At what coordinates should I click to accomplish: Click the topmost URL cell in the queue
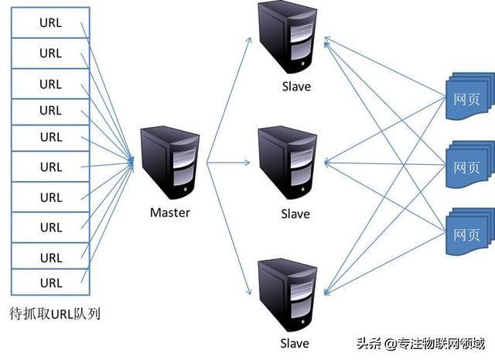tap(51, 23)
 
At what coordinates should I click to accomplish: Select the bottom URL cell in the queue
tap(51, 282)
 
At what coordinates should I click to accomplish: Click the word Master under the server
tap(169, 212)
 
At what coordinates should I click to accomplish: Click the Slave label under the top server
tap(295, 87)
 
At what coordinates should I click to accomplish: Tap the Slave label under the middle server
tap(295, 213)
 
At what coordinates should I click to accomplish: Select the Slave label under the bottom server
tap(295, 343)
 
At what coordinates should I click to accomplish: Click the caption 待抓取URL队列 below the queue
tap(55, 314)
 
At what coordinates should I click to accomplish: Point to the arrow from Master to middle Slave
tap(229, 163)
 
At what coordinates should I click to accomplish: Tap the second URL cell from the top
tap(51, 53)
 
